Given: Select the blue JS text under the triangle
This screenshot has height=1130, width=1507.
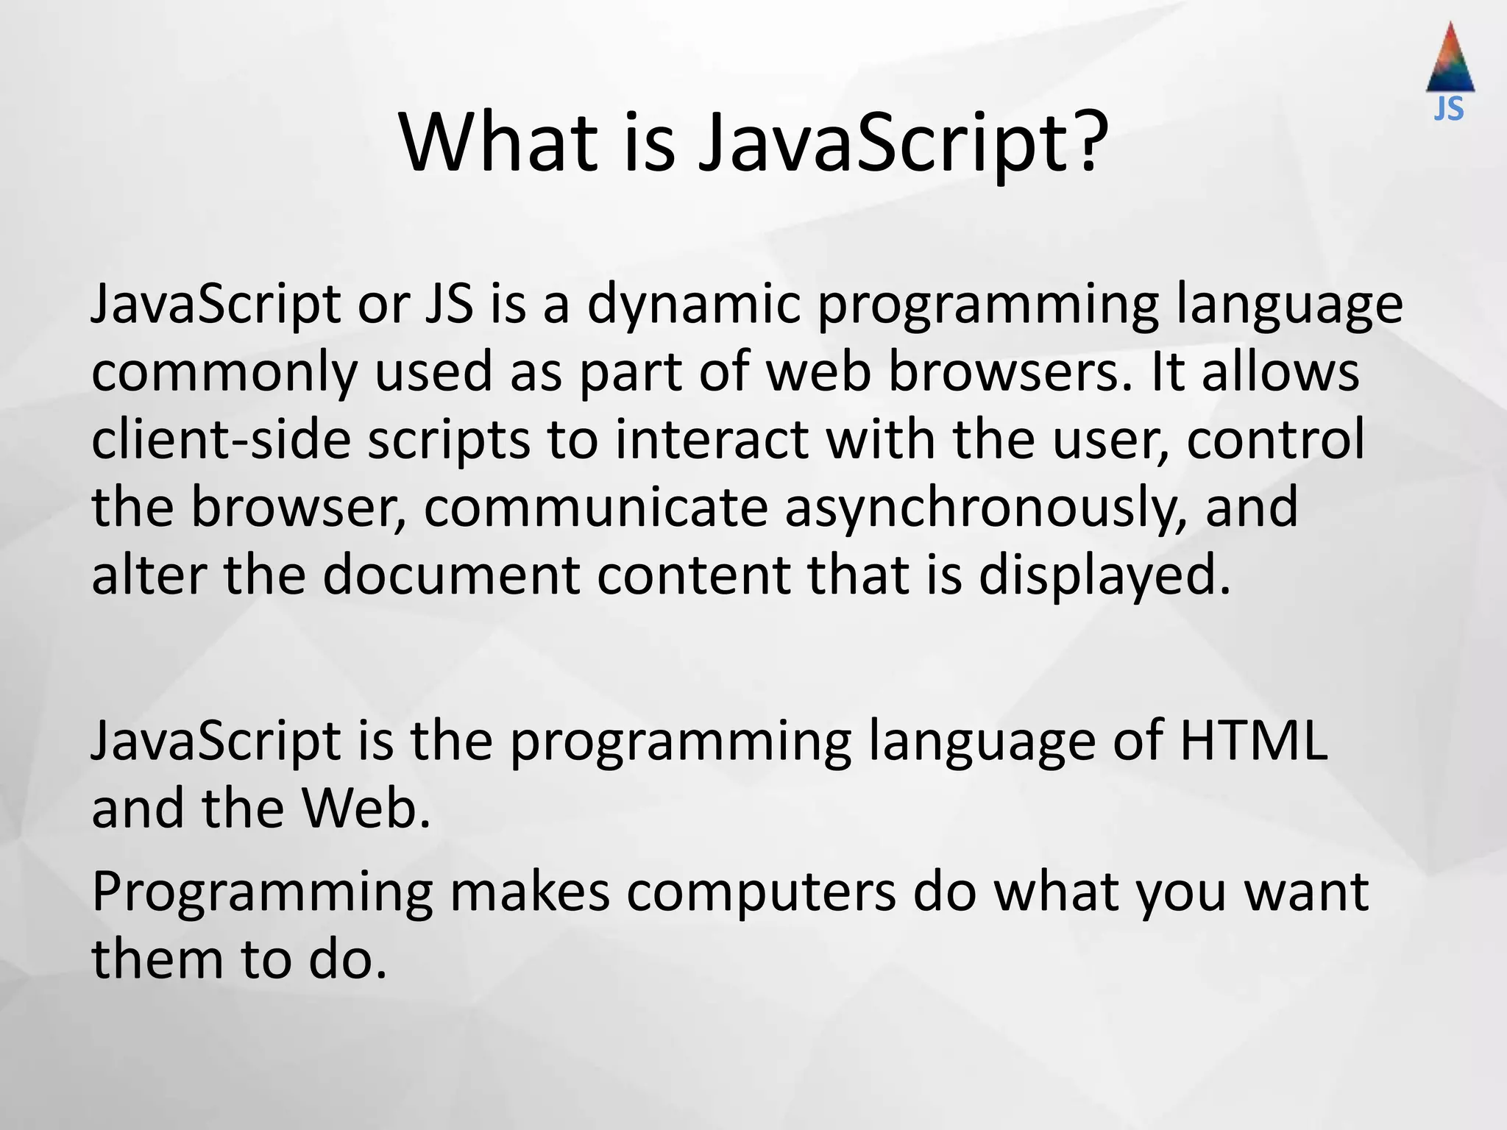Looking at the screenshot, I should click(x=1449, y=110).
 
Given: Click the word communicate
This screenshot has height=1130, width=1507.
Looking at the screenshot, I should click(x=595, y=508).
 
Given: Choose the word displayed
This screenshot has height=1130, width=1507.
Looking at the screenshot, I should click(x=1104, y=575).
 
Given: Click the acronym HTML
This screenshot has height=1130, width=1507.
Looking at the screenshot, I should click(x=1255, y=741).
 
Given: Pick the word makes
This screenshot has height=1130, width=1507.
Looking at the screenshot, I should click(x=530, y=892).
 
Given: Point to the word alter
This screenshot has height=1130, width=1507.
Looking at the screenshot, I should click(x=148, y=575).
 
